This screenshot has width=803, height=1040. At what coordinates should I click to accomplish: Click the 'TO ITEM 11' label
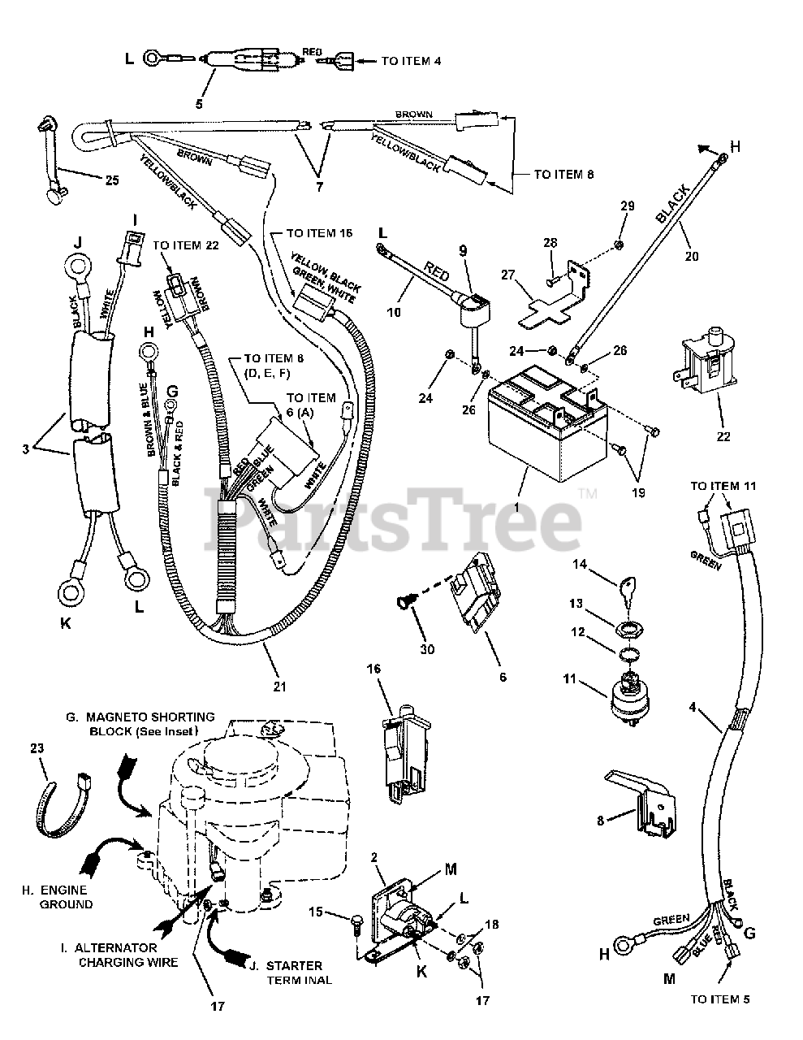(x=723, y=485)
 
